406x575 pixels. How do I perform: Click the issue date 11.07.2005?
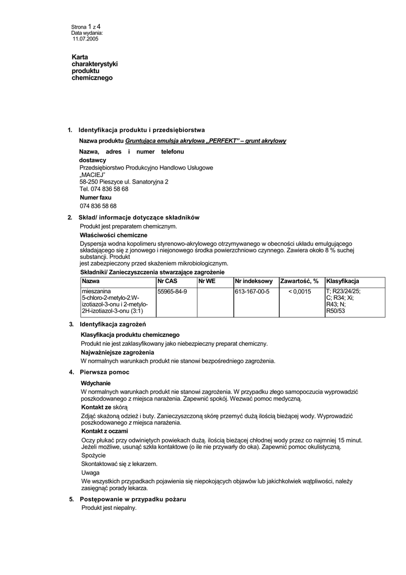[85, 39]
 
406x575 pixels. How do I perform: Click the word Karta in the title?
[80, 57]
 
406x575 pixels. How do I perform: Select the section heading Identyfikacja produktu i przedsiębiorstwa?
[141, 130]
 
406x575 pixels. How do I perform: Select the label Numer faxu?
[95, 198]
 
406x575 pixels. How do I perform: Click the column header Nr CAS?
[168, 281]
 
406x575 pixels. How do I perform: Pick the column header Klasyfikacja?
[343, 281]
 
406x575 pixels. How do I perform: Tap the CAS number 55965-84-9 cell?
[172, 291]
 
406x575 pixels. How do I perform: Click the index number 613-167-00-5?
[252, 291]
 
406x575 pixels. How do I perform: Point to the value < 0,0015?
[299, 291]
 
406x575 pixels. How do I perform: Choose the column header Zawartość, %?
[299, 281]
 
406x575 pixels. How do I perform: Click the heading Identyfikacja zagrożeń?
[113, 325]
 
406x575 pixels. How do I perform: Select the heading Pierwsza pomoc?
[104, 372]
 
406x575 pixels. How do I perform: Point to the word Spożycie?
[93, 455]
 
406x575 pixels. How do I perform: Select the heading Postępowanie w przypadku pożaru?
[133, 499]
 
